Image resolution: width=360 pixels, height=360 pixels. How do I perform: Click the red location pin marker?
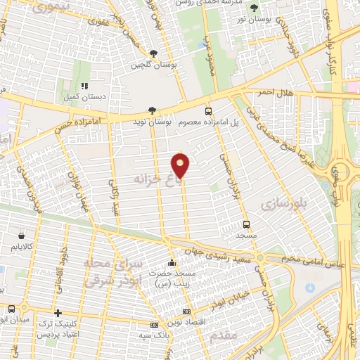pos(181,166)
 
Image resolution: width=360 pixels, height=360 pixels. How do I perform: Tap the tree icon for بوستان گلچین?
pos(153,53)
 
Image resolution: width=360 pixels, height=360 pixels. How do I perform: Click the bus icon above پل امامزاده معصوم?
pos(207,111)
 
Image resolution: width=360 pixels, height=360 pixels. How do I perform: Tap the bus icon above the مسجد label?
pos(245,224)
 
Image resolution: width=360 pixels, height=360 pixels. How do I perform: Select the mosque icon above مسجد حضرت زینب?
pos(172,262)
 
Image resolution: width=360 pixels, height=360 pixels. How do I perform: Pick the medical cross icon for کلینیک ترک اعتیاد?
pos(58,312)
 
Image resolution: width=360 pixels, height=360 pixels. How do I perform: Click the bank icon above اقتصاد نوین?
pos(186,311)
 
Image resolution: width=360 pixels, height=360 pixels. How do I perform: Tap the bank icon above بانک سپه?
pos(154,325)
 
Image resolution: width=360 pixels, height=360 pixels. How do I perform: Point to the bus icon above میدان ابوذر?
pos(11,309)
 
